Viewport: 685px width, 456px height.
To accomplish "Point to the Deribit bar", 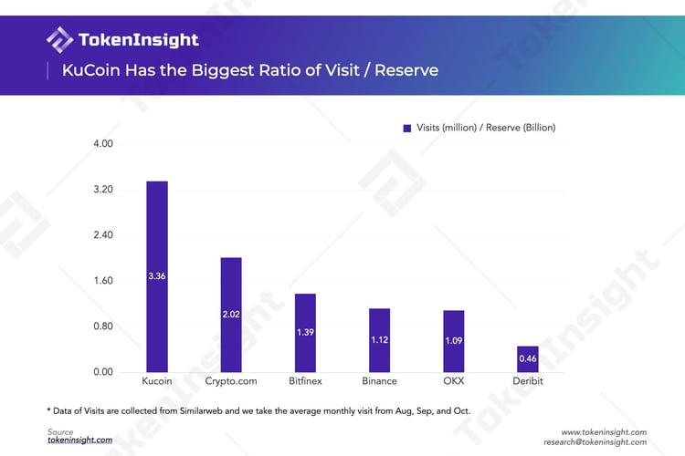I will (528, 358).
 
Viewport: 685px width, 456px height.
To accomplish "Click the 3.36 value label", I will (156, 275).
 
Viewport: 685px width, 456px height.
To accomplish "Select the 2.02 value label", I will (231, 314).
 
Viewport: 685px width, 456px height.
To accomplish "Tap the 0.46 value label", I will (528, 359).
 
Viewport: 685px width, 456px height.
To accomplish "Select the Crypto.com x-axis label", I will (231, 381).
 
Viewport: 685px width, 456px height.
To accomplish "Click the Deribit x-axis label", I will (528, 381).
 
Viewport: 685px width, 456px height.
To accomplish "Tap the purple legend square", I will (407, 129).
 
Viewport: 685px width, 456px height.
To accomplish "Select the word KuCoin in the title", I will (90, 70).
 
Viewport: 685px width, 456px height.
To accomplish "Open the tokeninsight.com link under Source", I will (80, 440).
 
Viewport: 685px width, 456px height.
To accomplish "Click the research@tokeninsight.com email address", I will (595, 441).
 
